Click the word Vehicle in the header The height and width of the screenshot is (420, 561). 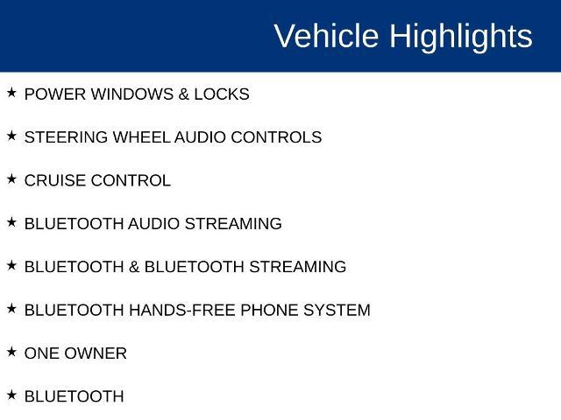326,35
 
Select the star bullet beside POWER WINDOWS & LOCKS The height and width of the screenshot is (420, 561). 11,93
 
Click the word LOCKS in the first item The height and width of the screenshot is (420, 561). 222,94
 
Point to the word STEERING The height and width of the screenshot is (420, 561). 66,137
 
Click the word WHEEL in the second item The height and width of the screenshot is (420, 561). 141,137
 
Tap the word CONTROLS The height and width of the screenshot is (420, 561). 276,137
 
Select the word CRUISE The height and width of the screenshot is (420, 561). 55,181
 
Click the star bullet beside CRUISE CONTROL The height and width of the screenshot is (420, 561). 11,178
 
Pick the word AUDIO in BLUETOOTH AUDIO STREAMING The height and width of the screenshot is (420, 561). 154,224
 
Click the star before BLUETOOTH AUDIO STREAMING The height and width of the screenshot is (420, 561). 11,222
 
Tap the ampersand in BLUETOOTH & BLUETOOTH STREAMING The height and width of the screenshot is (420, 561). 134,267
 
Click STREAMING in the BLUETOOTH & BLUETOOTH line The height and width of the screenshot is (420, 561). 298,267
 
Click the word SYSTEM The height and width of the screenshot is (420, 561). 337,311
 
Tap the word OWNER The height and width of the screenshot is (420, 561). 96,353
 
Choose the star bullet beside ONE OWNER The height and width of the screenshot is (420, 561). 11,352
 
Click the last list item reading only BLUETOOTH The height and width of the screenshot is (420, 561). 74,396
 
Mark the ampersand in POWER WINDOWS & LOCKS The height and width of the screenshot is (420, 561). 183,94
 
